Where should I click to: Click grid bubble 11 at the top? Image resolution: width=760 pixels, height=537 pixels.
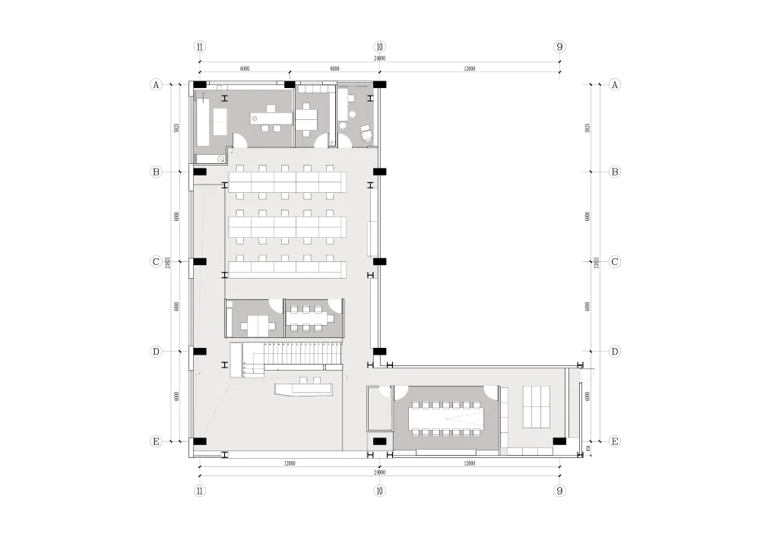pyautogui.click(x=200, y=46)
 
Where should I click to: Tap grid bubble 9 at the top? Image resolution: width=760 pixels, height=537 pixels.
pyautogui.click(x=559, y=46)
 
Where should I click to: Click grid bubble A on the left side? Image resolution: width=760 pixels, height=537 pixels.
pyautogui.click(x=157, y=84)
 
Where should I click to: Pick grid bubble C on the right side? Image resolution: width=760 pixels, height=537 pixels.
pyautogui.click(x=615, y=261)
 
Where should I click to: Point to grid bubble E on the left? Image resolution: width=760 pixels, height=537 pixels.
pyautogui.click(x=157, y=441)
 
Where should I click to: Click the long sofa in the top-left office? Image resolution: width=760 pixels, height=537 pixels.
pyautogui.click(x=204, y=122)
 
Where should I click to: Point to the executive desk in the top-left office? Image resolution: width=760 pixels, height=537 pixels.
pyautogui.click(x=267, y=118)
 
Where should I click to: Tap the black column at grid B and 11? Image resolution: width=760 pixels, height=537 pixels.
pyautogui.click(x=200, y=172)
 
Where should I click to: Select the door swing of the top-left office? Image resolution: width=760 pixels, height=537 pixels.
pyautogui.click(x=239, y=141)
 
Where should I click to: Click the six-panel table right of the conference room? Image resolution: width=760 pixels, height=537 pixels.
pyautogui.click(x=536, y=406)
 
